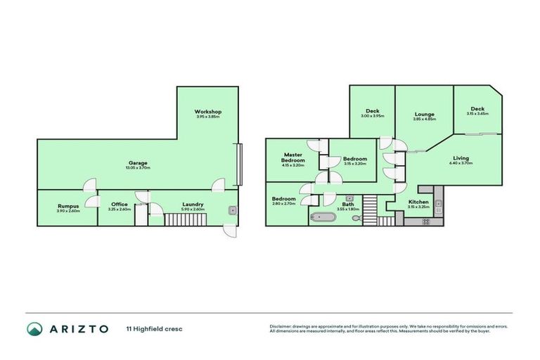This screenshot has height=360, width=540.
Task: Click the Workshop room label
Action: point(208,112)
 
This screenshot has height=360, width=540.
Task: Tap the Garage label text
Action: point(138,163)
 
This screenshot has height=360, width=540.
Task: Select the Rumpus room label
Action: point(68,206)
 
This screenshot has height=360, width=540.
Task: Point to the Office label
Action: point(120,205)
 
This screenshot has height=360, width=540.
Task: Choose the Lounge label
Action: point(424,114)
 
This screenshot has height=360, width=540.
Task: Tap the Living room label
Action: point(461,158)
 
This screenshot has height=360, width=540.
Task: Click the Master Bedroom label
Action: point(293,157)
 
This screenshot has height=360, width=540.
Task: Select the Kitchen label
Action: point(418,202)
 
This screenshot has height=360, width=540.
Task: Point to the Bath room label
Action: point(349,204)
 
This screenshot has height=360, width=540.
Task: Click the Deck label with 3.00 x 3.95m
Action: point(372,111)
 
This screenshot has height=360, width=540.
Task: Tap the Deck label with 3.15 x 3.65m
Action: point(477,109)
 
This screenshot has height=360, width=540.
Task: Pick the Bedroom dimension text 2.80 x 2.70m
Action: point(285,203)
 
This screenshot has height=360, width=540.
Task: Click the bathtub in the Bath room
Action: point(324,217)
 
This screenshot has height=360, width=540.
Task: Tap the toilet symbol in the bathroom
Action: point(357,219)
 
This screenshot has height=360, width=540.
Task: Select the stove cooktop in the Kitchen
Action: point(425,221)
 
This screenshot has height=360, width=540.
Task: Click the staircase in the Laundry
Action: point(180,219)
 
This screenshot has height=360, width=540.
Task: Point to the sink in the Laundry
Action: point(232,210)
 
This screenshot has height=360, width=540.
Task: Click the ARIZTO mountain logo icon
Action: point(34,328)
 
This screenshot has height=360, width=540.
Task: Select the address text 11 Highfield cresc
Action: point(154,328)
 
